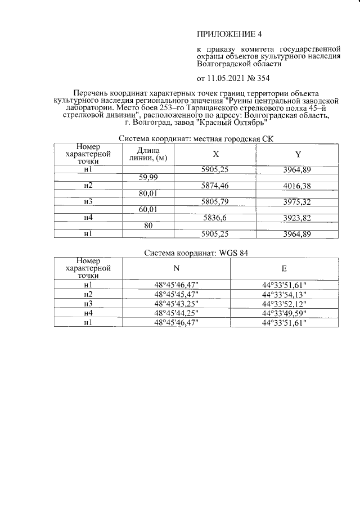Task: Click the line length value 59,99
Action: click(x=148, y=177)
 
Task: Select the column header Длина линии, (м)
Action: click(x=148, y=154)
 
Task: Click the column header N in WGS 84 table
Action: click(x=176, y=269)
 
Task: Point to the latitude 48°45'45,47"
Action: click(x=176, y=294)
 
